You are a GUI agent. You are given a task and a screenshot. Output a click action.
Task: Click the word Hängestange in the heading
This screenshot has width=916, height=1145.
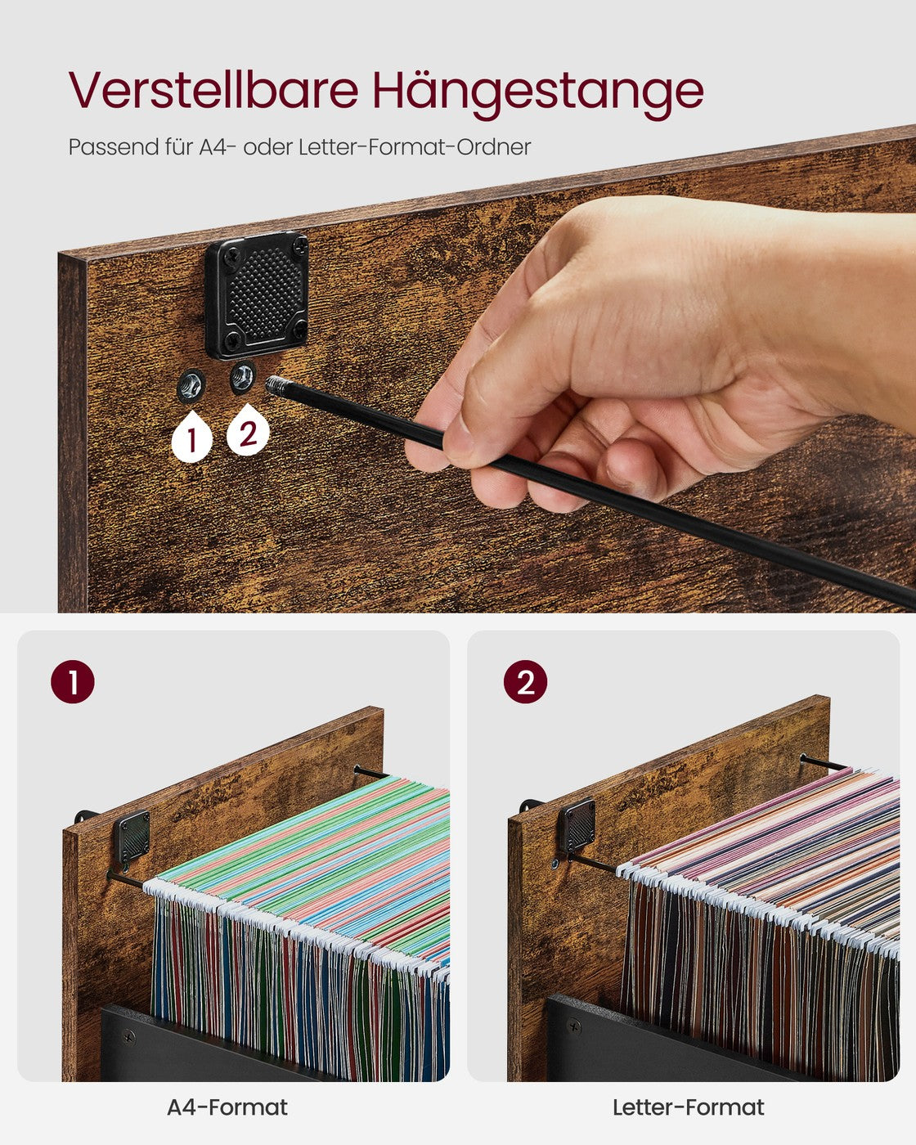tap(537, 93)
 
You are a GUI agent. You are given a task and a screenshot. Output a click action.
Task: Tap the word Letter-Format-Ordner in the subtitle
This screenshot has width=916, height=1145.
tap(415, 147)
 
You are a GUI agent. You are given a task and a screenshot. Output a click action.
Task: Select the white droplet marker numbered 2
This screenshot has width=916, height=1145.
tap(248, 430)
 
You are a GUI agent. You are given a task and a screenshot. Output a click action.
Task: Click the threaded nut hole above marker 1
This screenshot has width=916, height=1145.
tap(191, 385)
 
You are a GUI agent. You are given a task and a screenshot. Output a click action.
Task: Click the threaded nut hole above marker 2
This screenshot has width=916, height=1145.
tap(243, 377)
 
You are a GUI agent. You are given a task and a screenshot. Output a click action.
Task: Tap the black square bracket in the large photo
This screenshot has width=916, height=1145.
tap(257, 294)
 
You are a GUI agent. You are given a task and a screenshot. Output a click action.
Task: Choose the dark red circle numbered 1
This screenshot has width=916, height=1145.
tap(73, 681)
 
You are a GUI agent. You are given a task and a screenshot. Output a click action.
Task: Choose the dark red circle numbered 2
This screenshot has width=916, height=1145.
tap(525, 681)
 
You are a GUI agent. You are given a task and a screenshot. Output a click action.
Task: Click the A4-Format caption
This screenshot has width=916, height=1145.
tap(227, 1107)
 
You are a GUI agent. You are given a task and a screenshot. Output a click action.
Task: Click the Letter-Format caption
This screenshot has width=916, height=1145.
tap(688, 1107)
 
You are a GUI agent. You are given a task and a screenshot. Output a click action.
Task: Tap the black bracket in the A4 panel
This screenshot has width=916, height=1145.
tap(132, 837)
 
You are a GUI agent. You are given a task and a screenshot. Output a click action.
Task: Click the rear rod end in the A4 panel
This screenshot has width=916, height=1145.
tap(357, 768)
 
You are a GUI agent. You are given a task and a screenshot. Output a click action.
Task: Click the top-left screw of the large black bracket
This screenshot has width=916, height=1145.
tap(231, 257)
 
